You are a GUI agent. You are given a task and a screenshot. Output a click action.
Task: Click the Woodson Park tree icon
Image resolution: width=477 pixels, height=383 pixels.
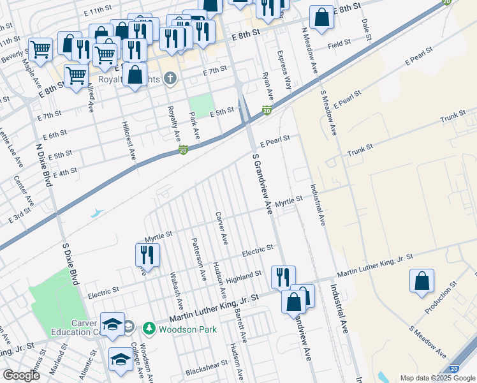[x=149, y=329]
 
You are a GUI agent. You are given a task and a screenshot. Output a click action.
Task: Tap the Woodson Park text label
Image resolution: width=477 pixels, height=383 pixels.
[x=187, y=329]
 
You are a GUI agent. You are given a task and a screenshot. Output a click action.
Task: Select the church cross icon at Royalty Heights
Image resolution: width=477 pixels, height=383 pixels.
[x=170, y=79]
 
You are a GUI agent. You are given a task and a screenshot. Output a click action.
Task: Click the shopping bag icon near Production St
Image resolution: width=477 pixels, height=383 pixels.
[x=422, y=281]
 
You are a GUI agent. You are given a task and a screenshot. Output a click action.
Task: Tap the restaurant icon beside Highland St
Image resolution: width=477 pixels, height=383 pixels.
[x=283, y=277]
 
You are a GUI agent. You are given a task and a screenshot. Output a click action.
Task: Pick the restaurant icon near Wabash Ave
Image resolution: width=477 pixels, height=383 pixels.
[x=147, y=254]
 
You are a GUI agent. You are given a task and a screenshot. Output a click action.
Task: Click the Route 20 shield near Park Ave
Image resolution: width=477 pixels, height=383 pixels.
[x=183, y=150]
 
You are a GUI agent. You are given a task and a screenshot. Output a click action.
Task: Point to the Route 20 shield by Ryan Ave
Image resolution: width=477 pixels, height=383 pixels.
[x=268, y=111]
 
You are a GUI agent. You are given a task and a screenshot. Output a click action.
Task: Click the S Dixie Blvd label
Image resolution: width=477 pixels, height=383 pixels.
[x=71, y=262]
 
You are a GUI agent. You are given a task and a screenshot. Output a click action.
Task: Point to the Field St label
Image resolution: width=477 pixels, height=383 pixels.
[x=339, y=43]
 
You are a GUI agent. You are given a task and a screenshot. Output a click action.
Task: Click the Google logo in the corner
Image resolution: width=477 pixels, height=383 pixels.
[x=20, y=375]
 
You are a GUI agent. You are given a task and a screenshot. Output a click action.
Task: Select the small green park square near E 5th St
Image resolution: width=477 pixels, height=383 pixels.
[x=201, y=106]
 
